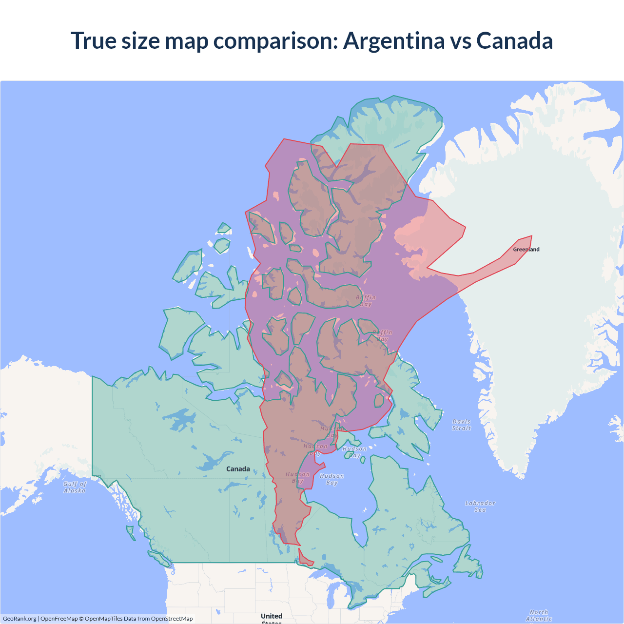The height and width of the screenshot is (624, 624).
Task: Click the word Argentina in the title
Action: click(393, 41)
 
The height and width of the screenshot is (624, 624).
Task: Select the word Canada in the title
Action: click(514, 41)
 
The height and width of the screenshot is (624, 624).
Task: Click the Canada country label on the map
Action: click(238, 469)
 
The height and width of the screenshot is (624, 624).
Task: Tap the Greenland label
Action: click(526, 250)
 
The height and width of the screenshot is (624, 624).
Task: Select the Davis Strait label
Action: click(461, 425)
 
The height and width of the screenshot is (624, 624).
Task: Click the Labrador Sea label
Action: click(480, 506)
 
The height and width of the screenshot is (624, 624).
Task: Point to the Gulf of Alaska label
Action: click(75, 487)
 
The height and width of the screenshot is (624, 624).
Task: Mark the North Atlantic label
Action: click(539, 615)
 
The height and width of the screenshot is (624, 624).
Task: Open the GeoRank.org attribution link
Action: click(19, 619)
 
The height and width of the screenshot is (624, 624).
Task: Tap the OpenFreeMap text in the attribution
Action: click(59, 619)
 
